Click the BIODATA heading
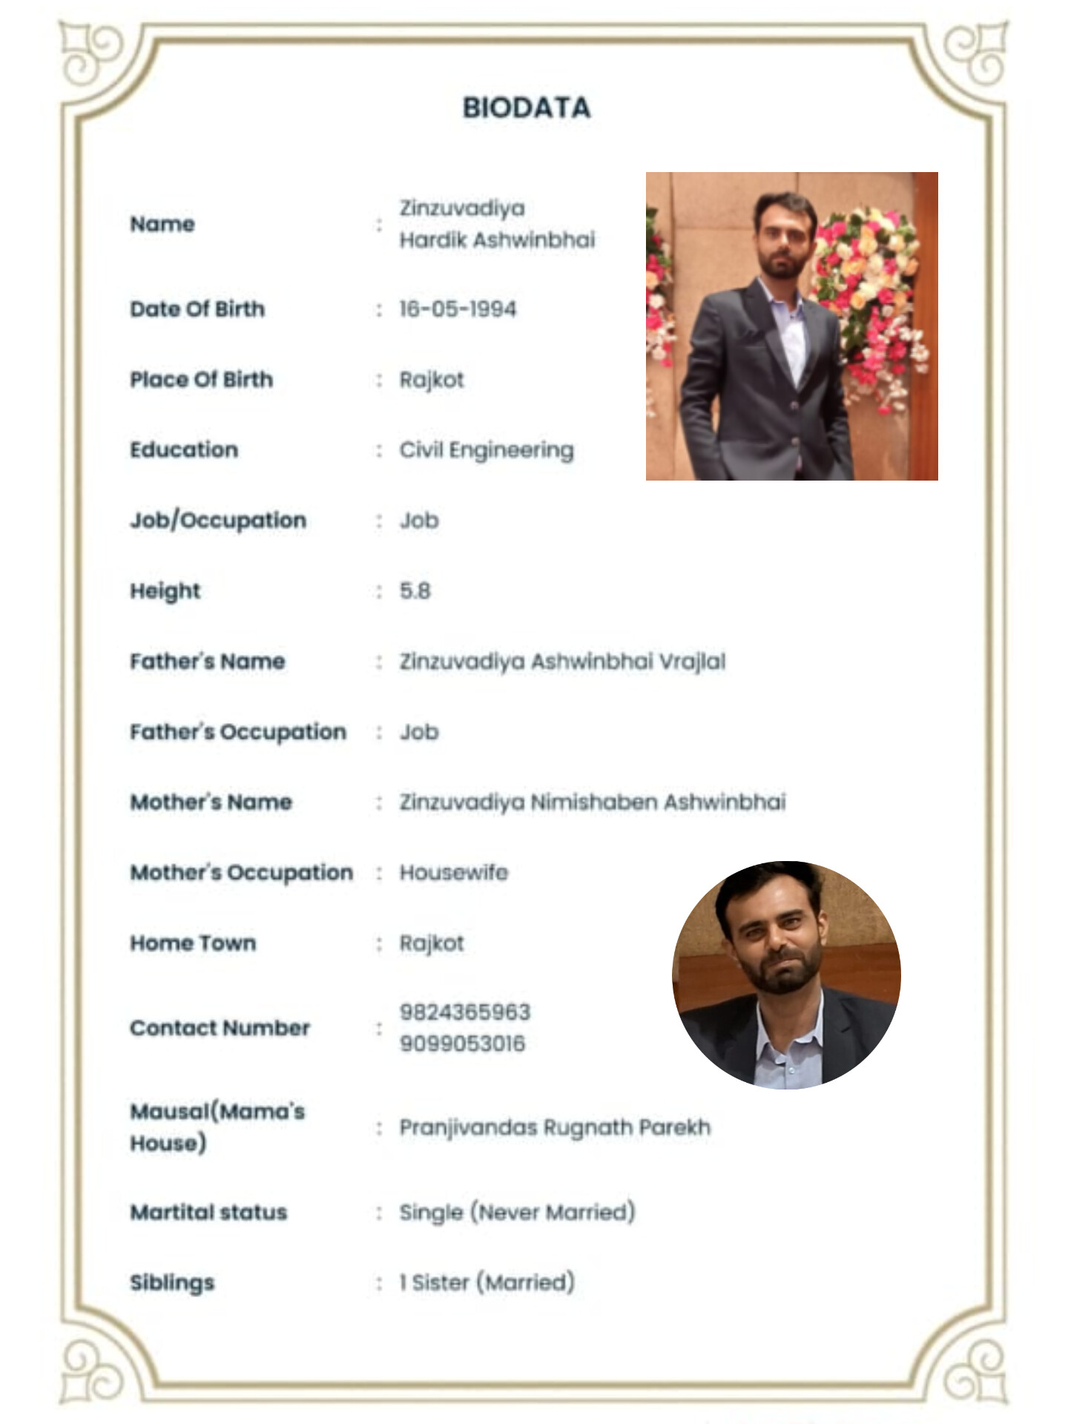[527, 108]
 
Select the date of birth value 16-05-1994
[458, 309]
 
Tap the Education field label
[184, 449]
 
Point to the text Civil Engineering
[487, 450]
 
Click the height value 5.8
[415, 591]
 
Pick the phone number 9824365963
[465, 1012]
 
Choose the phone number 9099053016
[462, 1044]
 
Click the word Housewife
[454, 872]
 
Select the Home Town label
[193, 943]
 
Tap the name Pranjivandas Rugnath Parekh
[555, 1127]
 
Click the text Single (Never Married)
[517, 1212]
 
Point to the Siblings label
[172, 1282]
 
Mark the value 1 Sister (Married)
[487, 1282]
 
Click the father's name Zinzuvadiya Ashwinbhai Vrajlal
[562, 662]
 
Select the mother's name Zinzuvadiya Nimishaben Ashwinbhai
[593, 802]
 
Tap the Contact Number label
[220, 1028]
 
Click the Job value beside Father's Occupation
[419, 732]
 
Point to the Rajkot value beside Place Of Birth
[432, 380]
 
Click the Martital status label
[208, 1212]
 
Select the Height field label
[165, 591]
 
